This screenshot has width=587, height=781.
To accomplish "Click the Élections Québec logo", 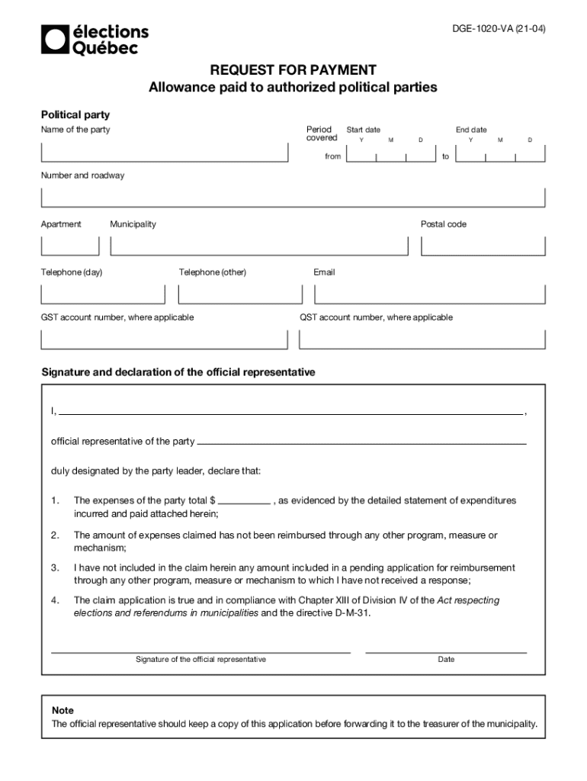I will (95, 39).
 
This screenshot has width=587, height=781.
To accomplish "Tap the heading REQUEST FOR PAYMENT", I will (293, 70).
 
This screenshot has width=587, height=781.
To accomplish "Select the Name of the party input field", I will (164, 153).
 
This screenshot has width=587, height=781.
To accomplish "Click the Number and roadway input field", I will (293, 198).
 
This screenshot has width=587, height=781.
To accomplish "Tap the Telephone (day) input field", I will (102, 294).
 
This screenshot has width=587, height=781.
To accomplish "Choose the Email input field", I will (430, 294).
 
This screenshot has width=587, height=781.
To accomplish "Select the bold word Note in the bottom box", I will (63, 710).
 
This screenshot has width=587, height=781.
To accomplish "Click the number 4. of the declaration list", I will (55, 600).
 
